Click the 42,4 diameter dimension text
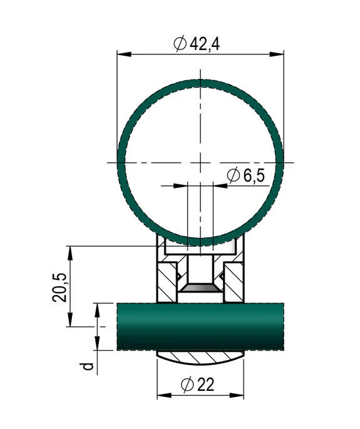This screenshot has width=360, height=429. (205, 44)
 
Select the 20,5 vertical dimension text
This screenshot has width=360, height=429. (59, 287)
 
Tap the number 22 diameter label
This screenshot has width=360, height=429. (205, 385)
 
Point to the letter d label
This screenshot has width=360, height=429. (88, 366)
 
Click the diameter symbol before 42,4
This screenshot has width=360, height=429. (180, 44)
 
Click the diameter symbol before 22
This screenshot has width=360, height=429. (187, 385)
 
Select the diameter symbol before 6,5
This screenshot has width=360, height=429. (234, 175)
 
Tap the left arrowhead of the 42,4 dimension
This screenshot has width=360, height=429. (124, 54)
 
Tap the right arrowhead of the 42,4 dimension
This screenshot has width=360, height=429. (277, 54)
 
